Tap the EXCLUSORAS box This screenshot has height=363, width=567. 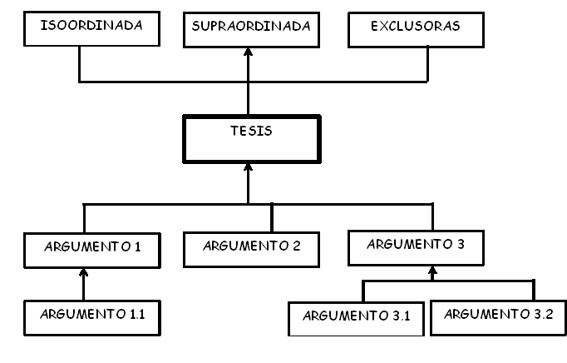(x=427, y=29)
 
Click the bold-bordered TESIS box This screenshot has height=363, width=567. (x=250, y=139)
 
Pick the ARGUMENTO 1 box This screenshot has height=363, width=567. (x=84, y=249)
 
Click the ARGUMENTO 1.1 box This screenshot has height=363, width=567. (x=84, y=316)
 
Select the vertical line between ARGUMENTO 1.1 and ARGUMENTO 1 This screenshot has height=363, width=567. (x=83, y=287)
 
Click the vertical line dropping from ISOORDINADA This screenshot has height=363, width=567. (x=79, y=64)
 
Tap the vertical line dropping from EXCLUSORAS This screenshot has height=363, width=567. (x=427, y=64)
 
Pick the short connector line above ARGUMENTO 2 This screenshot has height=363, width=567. (x=272, y=218)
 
